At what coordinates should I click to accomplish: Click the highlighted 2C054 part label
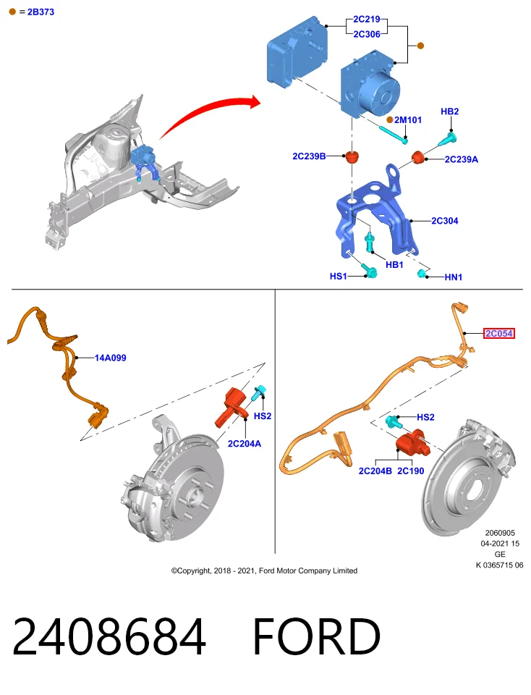(x=499, y=333)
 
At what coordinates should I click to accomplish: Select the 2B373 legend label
(x=41, y=12)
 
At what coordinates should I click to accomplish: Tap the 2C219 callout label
(x=367, y=19)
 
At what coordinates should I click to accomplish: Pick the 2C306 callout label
(x=367, y=34)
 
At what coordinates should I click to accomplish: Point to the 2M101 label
(x=408, y=119)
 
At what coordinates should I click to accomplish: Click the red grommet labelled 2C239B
(x=352, y=157)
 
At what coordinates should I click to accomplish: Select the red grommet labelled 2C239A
(x=417, y=157)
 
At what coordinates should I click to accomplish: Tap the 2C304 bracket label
(x=445, y=221)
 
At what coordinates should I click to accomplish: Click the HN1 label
(x=454, y=277)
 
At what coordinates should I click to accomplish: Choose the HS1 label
(x=339, y=276)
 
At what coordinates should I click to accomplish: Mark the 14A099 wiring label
(x=110, y=358)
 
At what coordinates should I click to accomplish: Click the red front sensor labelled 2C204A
(x=231, y=407)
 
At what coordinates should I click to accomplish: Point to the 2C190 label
(x=410, y=471)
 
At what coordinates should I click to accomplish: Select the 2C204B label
(x=375, y=471)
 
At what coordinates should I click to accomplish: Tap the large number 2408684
(x=109, y=636)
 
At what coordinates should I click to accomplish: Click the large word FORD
(x=316, y=636)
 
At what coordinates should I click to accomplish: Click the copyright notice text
(x=264, y=570)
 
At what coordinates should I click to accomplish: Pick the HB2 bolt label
(x=449, y=111)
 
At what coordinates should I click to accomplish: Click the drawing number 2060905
(x=500, y=533)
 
